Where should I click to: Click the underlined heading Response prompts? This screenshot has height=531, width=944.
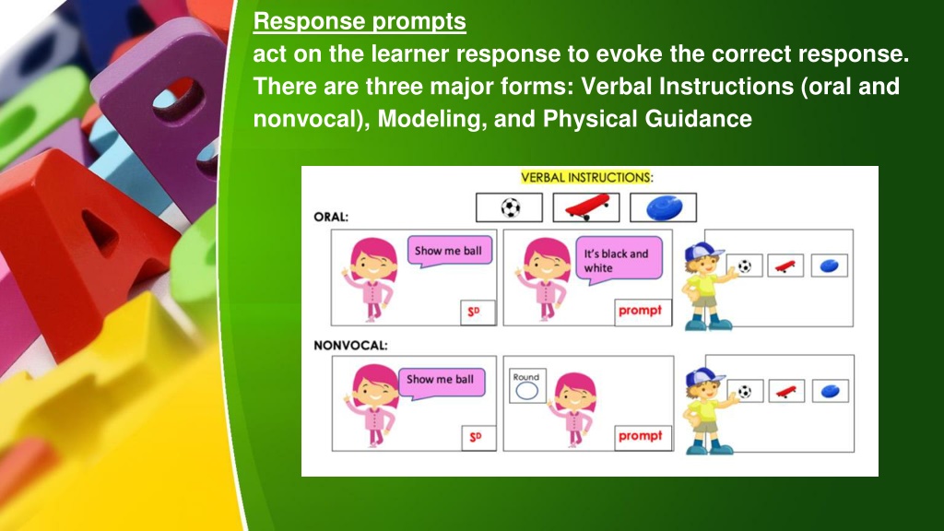360,22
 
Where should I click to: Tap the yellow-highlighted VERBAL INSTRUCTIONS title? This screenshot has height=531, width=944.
587,178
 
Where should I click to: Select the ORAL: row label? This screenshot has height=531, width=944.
331,217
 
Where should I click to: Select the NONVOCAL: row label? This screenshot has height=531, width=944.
350,346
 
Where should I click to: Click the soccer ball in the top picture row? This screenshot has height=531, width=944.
510,207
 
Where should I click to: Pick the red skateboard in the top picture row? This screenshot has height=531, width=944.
586,206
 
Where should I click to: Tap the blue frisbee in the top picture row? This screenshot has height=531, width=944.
664,207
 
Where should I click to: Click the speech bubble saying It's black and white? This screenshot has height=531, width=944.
619,260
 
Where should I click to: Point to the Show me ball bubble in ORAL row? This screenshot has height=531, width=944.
449,251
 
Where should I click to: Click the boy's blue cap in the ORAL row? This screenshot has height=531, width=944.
702,250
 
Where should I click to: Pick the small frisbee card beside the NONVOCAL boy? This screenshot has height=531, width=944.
831,391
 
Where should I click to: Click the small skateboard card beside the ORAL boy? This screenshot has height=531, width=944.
785,265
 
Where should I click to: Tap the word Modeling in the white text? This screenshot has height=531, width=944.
432,119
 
